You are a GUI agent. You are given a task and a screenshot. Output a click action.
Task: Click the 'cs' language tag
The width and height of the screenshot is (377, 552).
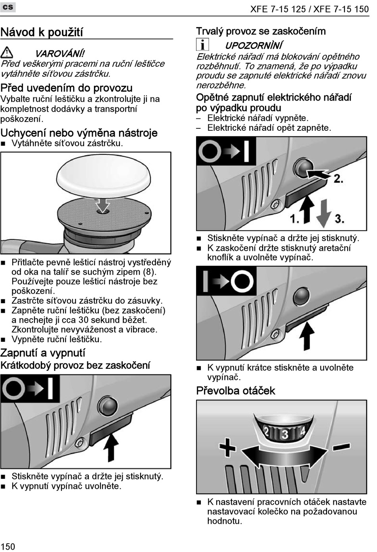click(x=8, y=7)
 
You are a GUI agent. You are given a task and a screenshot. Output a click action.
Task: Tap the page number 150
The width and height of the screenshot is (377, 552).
click(x=8, y=546)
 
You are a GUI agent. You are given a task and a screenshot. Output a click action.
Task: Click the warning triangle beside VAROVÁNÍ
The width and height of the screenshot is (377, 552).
click(x=7, y=53)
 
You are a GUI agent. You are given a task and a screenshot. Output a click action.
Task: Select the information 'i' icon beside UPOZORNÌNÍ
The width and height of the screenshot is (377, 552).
click(x=202, y=45)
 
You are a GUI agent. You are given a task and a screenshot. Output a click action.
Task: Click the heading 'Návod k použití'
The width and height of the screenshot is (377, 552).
click(x=42, y=32)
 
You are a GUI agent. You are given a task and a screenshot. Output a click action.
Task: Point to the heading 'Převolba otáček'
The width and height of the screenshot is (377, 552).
click(x=235, y=391)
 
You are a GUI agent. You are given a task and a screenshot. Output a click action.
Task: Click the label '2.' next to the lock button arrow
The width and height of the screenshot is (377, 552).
click(x=339, y=179)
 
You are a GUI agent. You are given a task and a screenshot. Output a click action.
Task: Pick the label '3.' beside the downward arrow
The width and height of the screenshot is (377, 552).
click(x=339, y=219)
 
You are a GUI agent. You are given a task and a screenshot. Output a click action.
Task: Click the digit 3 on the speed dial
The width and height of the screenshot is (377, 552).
click(x=285, y=434)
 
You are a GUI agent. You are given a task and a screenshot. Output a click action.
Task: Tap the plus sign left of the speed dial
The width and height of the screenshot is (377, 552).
click(x=227, y=447)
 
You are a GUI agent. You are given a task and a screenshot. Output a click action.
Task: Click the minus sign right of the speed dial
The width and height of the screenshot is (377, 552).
click(x=341, y=447)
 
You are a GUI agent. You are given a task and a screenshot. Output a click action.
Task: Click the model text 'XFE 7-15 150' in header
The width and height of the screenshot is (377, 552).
click(x=341, y=10)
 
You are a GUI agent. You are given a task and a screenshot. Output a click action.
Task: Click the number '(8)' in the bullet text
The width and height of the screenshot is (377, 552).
click(x=150, y=272)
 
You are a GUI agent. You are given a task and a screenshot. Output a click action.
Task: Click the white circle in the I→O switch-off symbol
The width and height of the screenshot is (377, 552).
click(x=242, y=281)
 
